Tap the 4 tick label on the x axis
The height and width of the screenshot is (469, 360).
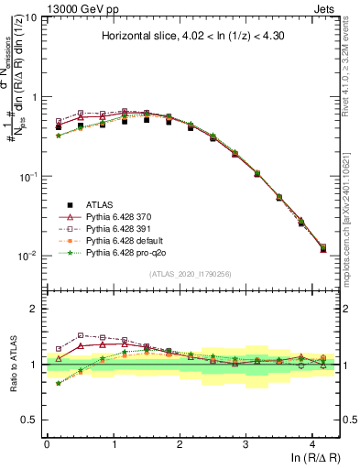312,442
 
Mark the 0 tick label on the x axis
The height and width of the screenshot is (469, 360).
47,442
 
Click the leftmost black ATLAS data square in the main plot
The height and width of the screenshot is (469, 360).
59,127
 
